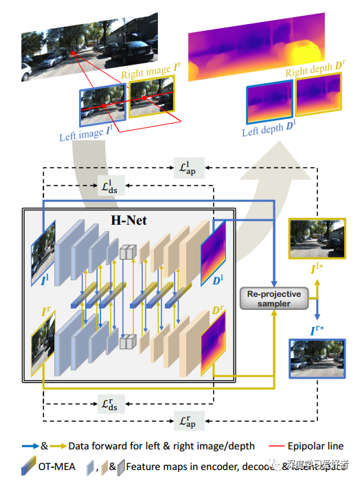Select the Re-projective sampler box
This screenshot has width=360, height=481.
(x=274, y=298)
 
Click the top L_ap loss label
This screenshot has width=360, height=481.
(x=187, y=168)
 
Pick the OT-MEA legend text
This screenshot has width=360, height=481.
(x=57, y=467)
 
